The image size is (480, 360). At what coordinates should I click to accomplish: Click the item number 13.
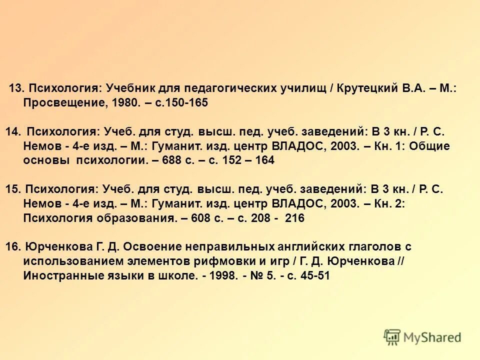coord(16,88)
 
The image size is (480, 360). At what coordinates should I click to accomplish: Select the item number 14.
coord(13,131)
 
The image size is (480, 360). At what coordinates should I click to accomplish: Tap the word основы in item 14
coord(46,160)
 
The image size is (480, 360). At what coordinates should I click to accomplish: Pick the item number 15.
coord(13,189)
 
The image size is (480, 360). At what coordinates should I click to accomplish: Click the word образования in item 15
coord(134,218)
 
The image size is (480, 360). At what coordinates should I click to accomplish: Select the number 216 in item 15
coord(294,218)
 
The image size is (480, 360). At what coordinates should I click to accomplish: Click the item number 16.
coord(13,247)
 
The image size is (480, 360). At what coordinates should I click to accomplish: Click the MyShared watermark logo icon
coord(392,337)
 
